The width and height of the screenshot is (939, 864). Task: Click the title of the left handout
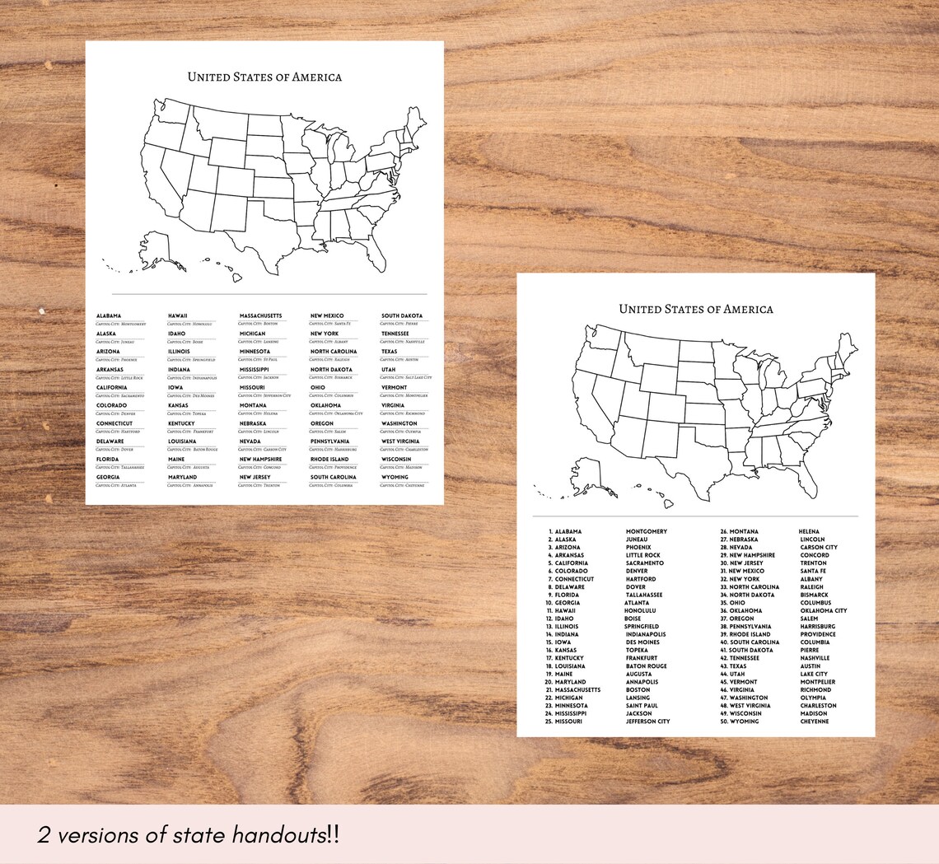264,77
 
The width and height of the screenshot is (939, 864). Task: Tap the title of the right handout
696,310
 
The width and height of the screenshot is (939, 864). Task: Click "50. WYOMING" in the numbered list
740,722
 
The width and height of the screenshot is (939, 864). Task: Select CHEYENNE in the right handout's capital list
814,722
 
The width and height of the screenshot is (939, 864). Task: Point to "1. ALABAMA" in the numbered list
565,532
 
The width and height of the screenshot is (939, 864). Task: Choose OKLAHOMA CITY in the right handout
823,611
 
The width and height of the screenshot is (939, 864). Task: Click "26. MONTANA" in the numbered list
739,532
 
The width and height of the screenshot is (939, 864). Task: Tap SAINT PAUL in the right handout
642,706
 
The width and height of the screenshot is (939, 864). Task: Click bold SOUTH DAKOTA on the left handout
402,316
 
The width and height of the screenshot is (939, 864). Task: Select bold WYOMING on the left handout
395,478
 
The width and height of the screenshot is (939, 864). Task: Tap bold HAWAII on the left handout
178,316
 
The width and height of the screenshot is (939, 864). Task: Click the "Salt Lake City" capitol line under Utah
404,378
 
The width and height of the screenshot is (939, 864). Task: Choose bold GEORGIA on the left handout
108,478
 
